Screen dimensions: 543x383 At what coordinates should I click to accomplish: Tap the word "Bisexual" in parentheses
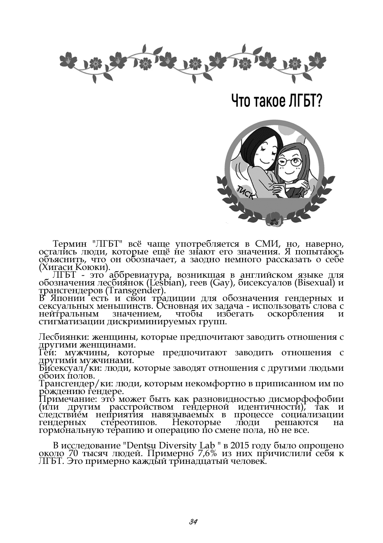[315, 283]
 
